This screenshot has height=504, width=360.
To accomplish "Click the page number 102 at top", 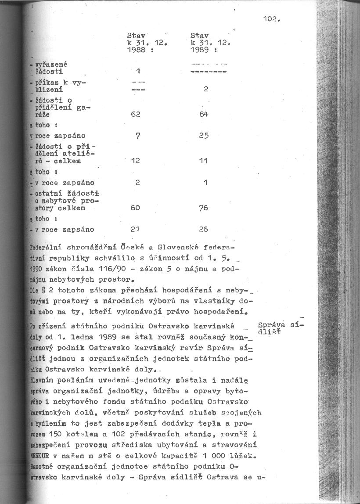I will pos(271,19).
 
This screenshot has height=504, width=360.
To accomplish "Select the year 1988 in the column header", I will pos(137,50).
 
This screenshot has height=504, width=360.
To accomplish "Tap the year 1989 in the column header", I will pos(200,50).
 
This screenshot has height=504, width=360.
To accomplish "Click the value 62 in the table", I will pos(135,114).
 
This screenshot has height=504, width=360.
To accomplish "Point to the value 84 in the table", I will pos(203,114).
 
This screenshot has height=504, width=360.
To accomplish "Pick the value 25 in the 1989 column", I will pos(203,136).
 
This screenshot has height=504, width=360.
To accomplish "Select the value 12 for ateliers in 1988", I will pos(135,161).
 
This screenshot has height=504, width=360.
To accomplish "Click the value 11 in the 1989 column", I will pos(203,161).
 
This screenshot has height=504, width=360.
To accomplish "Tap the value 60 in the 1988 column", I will pos(135,208).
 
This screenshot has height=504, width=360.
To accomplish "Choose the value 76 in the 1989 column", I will pos(203,208).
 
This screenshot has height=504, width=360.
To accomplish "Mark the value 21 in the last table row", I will pos(135,229).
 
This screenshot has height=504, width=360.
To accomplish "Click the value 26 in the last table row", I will pos(203,229).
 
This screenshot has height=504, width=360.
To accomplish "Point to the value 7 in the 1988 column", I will pos(137,136).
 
